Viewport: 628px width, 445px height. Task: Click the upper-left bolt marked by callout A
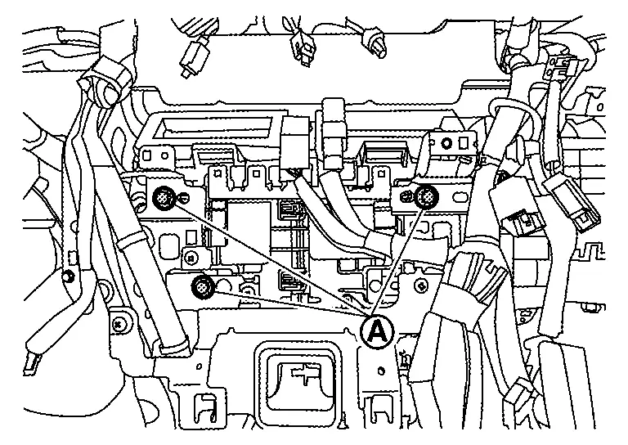[x=162, y=196]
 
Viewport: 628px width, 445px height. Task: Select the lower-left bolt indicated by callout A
[x=202, y=286]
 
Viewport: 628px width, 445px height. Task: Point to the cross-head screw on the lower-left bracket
[x=121, y=324]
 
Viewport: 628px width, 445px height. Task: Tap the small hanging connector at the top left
[x=195, y=56]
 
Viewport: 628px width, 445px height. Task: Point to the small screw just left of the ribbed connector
[x=422, y=285]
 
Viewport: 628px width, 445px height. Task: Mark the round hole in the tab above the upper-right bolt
[x=446, y=143]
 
